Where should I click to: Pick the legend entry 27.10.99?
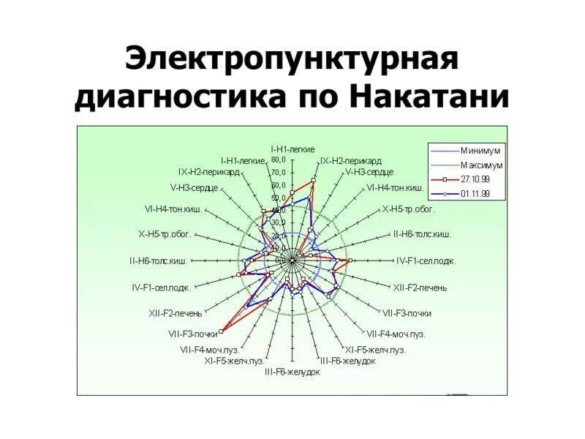tap(475, 179)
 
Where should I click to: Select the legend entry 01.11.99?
tap(475, 194)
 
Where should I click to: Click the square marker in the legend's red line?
tap(444, 179)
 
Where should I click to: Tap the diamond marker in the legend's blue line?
tap(444, 194)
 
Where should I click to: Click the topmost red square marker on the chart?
tap(314, 179)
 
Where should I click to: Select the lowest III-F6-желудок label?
tap(292, 372)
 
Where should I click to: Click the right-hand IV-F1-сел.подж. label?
tap(426, 260)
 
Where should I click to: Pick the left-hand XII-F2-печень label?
tap(175, 312)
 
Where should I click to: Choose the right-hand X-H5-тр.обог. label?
tap(408, 209)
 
